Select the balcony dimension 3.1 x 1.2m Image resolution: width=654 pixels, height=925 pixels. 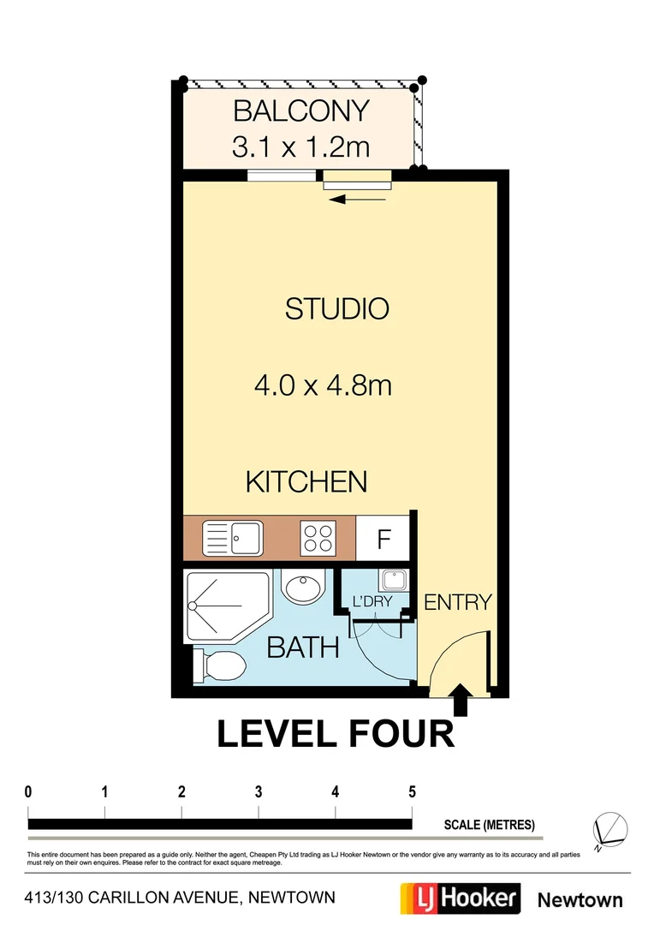[300, 146]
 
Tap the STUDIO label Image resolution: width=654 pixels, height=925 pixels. [336, 309]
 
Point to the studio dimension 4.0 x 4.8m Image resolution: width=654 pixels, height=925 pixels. [323, 385]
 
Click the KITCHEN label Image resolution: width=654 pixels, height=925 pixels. [306, 481]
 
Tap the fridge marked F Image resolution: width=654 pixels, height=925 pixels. [384, 540]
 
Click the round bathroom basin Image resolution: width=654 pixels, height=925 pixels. [303, 590]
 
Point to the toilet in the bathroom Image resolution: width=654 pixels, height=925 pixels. [221, 664]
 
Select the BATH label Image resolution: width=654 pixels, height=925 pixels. [303, 647]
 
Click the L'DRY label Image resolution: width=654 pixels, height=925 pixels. [372, 602]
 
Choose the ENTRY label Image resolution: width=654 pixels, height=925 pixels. [458, 602]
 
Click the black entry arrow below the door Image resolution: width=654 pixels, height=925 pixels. [461, 700]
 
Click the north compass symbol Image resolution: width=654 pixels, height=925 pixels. [609, 828]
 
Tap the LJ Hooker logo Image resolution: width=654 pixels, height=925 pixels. [461, 898]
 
